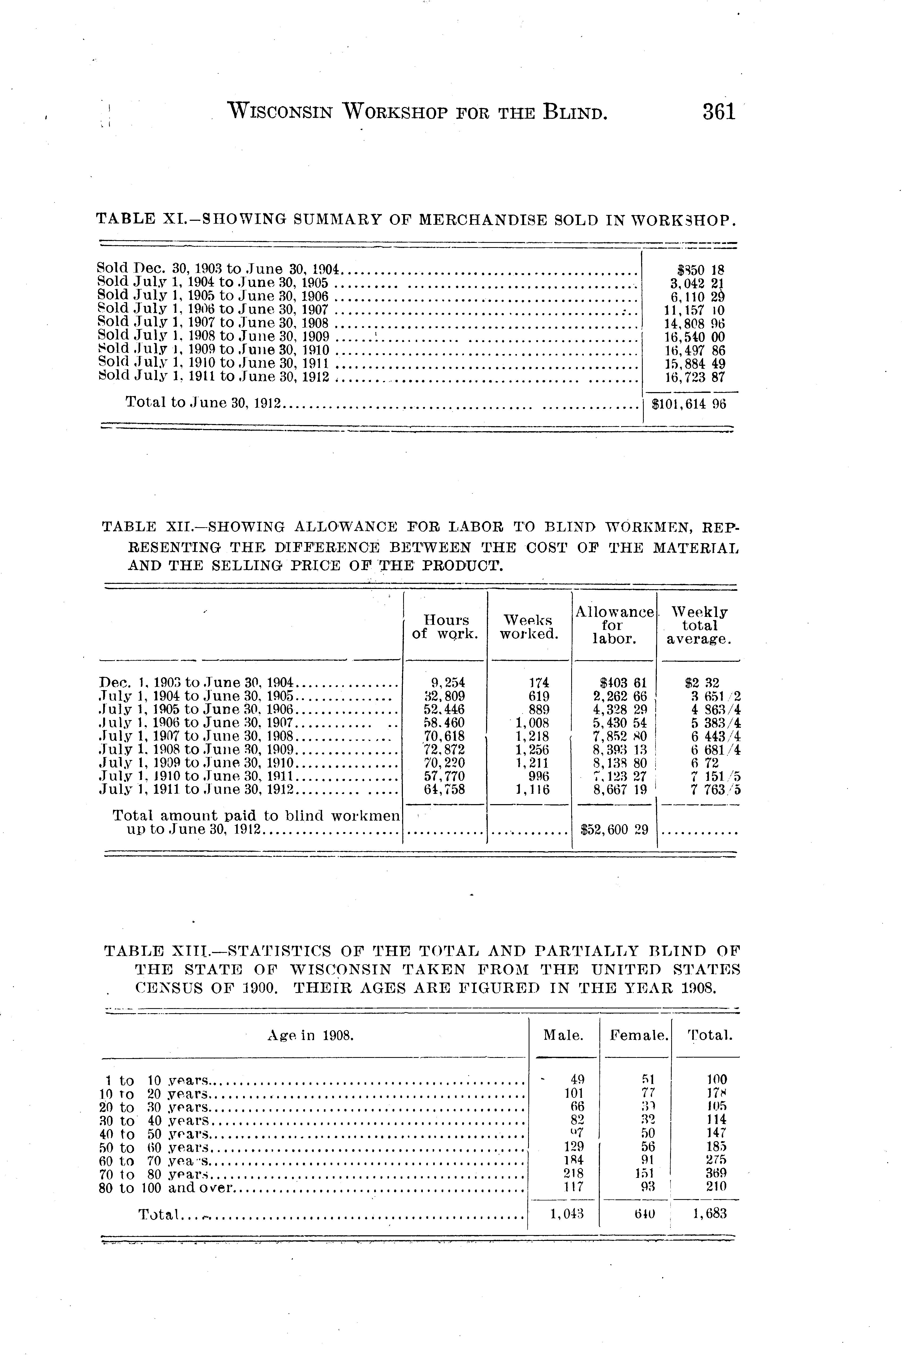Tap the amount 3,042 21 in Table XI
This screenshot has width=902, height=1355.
tap(696, 283)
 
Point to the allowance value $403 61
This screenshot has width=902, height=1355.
tap(623, 683)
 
